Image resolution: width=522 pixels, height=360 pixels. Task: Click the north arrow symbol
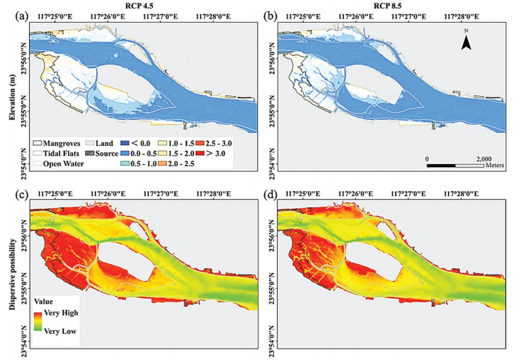[x=468, y=40]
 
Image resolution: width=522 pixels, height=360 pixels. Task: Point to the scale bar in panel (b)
[x=455, y=165]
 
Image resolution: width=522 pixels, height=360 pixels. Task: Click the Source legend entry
[x=104, y=154]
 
